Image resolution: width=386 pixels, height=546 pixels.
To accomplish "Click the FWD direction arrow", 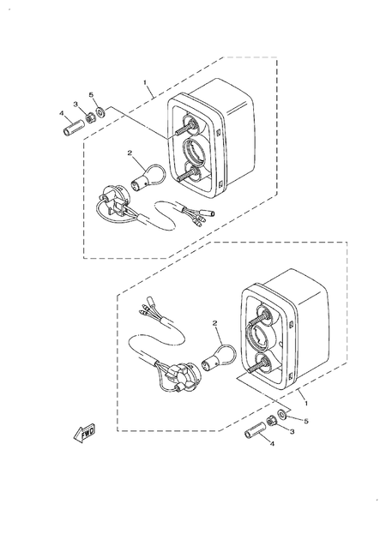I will [x=84, y=433].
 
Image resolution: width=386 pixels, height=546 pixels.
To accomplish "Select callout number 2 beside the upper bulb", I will [x=130, y=153].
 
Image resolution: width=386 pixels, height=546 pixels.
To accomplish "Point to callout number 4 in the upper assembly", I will [x=61, y=112].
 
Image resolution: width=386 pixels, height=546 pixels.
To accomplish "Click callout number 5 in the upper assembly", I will [x=93, y=94].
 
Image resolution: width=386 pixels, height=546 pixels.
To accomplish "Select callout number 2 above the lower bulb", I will [x=216, y=324].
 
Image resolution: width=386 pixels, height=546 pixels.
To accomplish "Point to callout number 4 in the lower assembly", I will [x=272, y=443].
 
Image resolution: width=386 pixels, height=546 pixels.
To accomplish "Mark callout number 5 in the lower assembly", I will [x=305, y=421].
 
